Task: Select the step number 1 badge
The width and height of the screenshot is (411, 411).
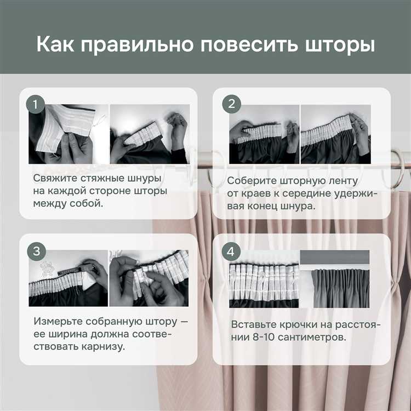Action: [x=36, y=105]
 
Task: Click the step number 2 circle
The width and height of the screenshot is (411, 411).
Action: [x=231, y=104]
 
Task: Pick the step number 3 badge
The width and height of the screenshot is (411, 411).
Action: [x=36, y=251]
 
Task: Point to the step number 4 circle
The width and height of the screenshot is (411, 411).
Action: [x=231, y=252]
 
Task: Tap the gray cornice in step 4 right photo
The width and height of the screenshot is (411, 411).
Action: [x=334, y=257]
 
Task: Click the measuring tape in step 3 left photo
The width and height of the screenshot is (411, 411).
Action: [x=68, y=271]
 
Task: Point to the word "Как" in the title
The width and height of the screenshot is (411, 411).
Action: [x=55, y=44]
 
